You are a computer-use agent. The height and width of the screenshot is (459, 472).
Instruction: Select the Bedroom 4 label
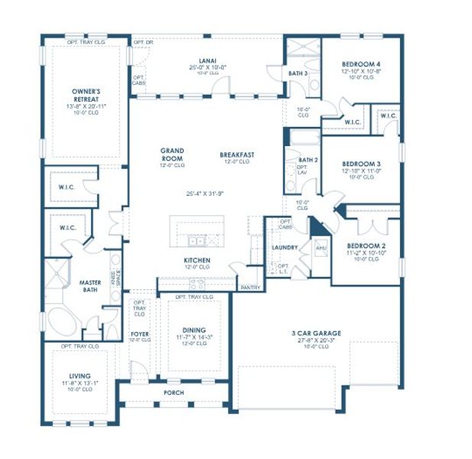[360, 63]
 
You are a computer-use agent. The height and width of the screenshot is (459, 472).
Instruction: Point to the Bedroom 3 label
[360, 164]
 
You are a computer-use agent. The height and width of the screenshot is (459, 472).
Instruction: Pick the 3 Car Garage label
[316, 333]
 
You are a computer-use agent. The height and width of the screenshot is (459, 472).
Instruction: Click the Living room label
[79, 376]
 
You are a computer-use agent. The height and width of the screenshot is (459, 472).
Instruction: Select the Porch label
[174, 393]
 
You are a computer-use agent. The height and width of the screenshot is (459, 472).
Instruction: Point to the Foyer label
[139, 334]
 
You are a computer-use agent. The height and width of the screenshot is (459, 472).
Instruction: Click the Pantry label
[250, 288]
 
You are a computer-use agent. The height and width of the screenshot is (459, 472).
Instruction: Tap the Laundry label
[285, 248]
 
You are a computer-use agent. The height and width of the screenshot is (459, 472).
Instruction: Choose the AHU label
[321, 249]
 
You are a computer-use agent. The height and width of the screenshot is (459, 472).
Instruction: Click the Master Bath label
[90, 287]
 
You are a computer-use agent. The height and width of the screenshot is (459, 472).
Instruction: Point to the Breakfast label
[236, 154]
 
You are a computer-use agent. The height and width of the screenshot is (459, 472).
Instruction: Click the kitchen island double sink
[197, 241]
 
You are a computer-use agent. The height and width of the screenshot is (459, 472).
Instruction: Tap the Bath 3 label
[298, 73]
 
